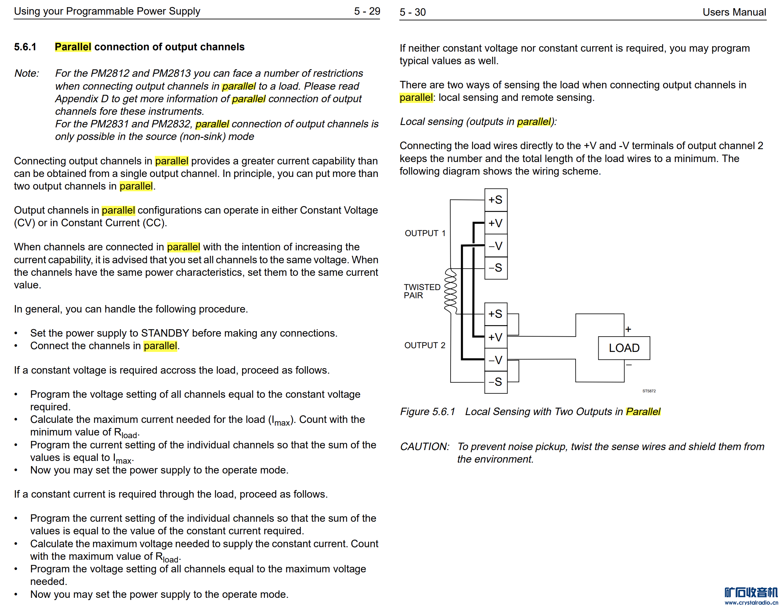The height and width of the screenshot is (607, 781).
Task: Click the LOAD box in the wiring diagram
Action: coord(624,348)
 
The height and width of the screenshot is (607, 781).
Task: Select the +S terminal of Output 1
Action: coord(496,200)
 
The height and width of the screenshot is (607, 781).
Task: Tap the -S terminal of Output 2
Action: coord(496,382)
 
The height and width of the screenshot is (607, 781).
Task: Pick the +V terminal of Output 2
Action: coord(496,337)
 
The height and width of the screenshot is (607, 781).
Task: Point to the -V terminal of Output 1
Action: coord(496,246)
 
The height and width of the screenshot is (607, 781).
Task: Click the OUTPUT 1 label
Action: coord(425,233)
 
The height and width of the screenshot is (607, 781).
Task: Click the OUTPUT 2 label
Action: coord(424,345)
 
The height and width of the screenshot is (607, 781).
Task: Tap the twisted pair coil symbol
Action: coord(450,291)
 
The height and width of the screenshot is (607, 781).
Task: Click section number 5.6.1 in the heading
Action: coord(25,47)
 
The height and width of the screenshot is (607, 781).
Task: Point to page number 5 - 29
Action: coord(367,11)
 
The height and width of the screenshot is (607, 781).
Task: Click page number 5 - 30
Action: coord(412,12)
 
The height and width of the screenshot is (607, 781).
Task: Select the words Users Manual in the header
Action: coord(734,12)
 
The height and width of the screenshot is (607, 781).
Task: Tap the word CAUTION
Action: coord(424,446)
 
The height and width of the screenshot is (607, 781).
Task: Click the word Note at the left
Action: coord(26,73)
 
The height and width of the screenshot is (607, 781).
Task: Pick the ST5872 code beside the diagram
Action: coord(649,391)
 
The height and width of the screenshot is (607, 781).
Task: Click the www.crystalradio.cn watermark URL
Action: coord(751,603)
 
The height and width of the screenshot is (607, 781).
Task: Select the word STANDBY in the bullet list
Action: coord(165,333)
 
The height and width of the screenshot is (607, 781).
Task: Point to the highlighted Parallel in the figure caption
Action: coord(642,411)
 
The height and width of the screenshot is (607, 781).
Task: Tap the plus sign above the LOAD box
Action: coord(628,329)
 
